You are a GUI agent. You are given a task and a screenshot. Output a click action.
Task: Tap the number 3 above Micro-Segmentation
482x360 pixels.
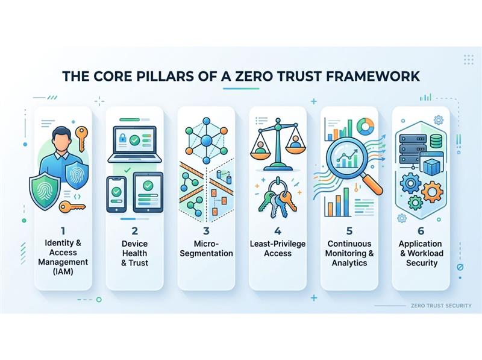coord(205,231)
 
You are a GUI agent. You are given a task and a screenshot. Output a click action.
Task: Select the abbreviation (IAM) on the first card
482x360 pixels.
coord(63,272)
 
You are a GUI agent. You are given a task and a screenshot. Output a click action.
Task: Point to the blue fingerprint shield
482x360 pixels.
coord(78,178)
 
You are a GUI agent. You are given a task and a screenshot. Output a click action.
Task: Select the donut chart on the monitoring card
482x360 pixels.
coord(365,127)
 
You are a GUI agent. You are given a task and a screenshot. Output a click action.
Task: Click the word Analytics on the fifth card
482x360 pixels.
coord(349,263)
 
